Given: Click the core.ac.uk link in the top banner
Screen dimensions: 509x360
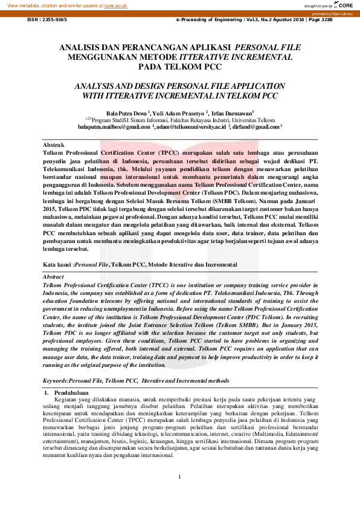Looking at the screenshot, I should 117,5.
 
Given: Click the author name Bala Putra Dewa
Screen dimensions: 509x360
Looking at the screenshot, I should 126,113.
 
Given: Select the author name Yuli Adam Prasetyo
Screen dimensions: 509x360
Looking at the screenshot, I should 180,113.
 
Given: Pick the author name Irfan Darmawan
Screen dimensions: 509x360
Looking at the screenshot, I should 232,113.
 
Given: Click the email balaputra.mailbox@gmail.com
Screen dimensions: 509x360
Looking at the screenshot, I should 114,127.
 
